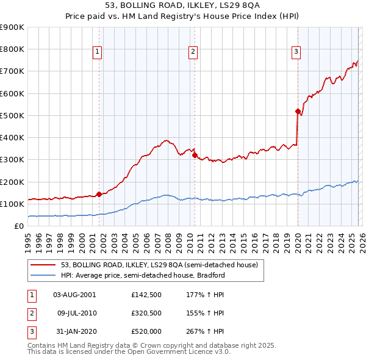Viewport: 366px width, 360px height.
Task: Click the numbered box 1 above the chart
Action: [x=98, y=52]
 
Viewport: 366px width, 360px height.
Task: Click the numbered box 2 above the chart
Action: [x=193, y=52]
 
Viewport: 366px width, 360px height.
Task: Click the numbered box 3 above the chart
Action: [x=296, y=52]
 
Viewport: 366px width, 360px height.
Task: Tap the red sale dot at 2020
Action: [x=298, y=111]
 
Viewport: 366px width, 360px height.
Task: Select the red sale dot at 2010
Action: [x=195, y=155]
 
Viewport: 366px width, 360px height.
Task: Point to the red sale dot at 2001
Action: [x=99, y=195]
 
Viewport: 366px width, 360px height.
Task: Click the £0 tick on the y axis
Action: [x=18, y=226]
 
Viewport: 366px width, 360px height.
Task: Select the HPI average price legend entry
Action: [x=143, y=275]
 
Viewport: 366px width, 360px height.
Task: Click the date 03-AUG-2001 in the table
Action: [x=74, y=294]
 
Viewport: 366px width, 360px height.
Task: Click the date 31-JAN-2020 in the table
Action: [x=74, y=332]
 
